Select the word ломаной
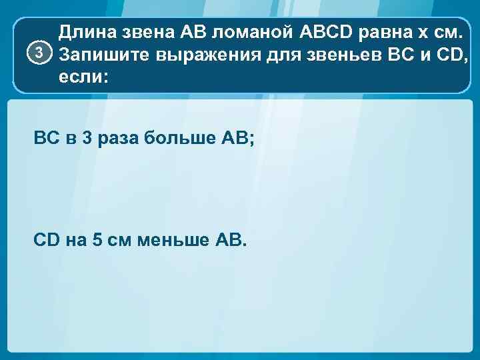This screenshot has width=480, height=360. [x=248, y=31]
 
